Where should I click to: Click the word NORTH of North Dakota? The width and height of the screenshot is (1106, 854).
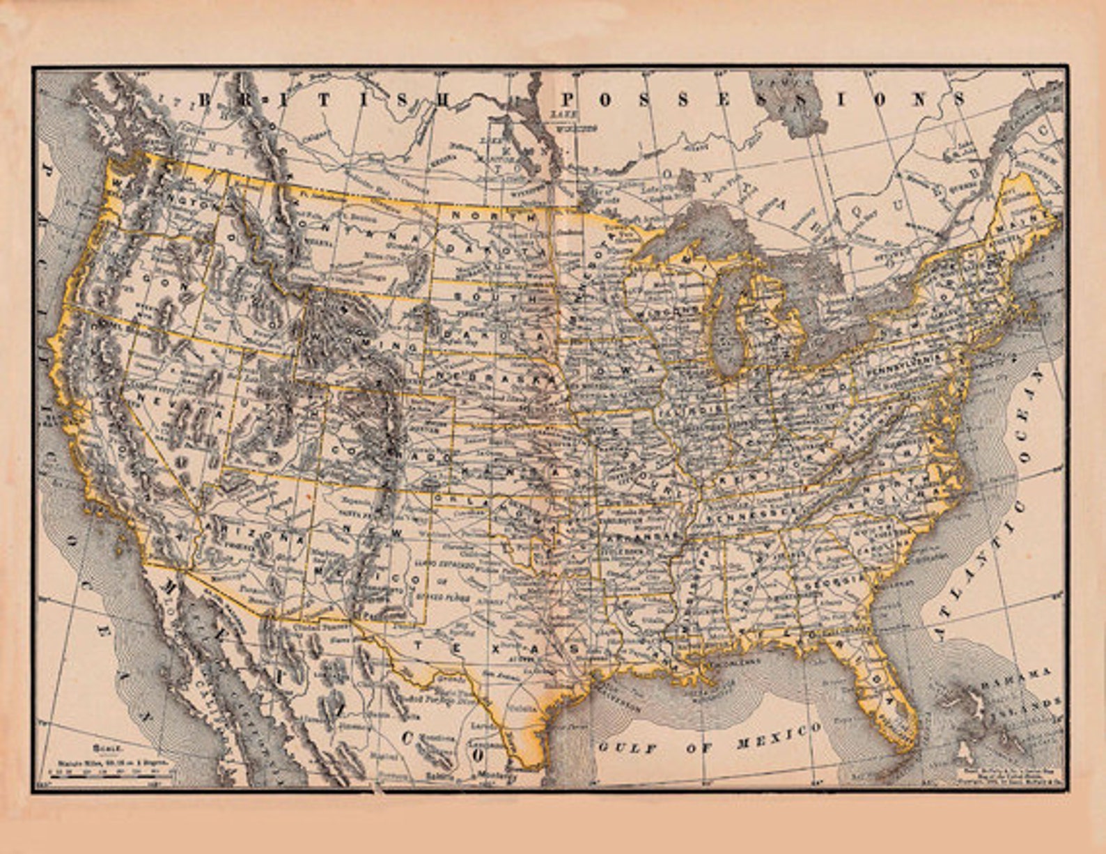point(494,216)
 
